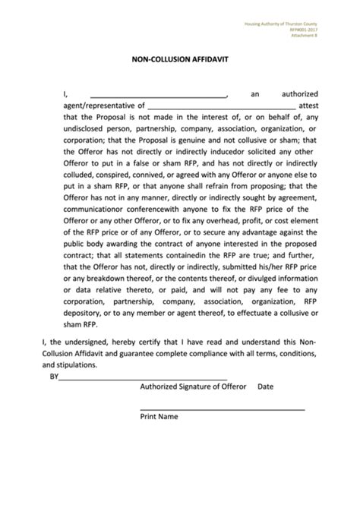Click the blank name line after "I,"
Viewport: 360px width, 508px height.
coord(159,94)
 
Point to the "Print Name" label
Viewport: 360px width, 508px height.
coord(159,417)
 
